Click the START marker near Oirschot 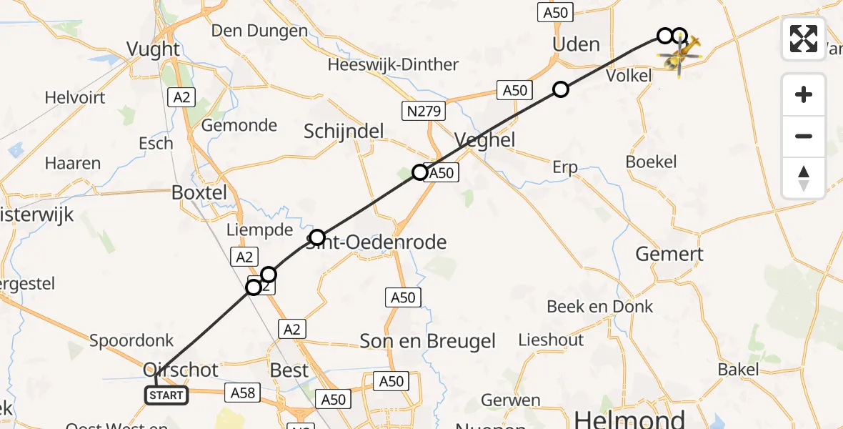[166, 395]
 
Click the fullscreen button [804, 39]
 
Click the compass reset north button [804, 178]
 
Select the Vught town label [153, 49]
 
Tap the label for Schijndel [344, 131]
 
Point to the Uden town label [577, 44]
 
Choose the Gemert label [669, 254]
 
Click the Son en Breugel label [427, 341]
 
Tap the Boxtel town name [199, 192]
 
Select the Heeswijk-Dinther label [393, 64]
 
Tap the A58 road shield [242, 391]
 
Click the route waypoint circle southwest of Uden [561, 89]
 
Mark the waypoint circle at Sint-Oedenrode [317, 237]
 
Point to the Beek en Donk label [599, 307]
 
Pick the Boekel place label [651, 162]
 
